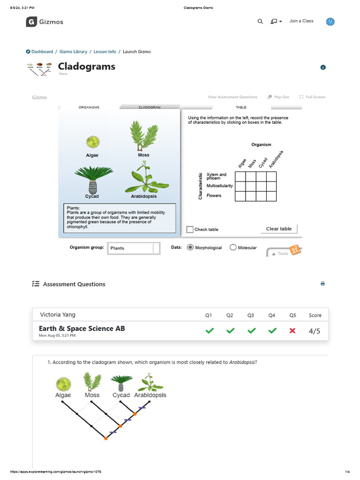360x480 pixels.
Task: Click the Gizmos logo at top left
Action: [45, 22]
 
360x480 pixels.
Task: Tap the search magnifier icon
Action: [260, 22]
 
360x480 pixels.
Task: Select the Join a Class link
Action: [301, 21]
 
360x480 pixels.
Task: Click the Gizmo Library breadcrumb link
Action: [73, 52]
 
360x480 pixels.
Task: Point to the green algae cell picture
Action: [92, 142]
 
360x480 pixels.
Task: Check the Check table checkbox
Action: [190, 229]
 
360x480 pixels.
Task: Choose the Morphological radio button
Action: [190, 247]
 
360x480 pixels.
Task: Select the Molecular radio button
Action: [233, 247]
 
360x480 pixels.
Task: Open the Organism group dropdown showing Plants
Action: [134, 248]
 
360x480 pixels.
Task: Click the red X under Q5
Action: [292, 331]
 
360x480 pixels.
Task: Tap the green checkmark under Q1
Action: [209, 331]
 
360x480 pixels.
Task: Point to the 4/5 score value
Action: [315, 331]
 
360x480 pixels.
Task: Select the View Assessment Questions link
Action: [232, 97]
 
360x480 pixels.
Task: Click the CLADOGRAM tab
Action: [150, 107]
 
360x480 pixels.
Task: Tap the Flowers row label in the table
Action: [214, 196]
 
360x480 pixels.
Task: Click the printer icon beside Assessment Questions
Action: [322, 284]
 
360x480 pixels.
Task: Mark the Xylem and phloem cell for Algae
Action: [240, 176]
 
